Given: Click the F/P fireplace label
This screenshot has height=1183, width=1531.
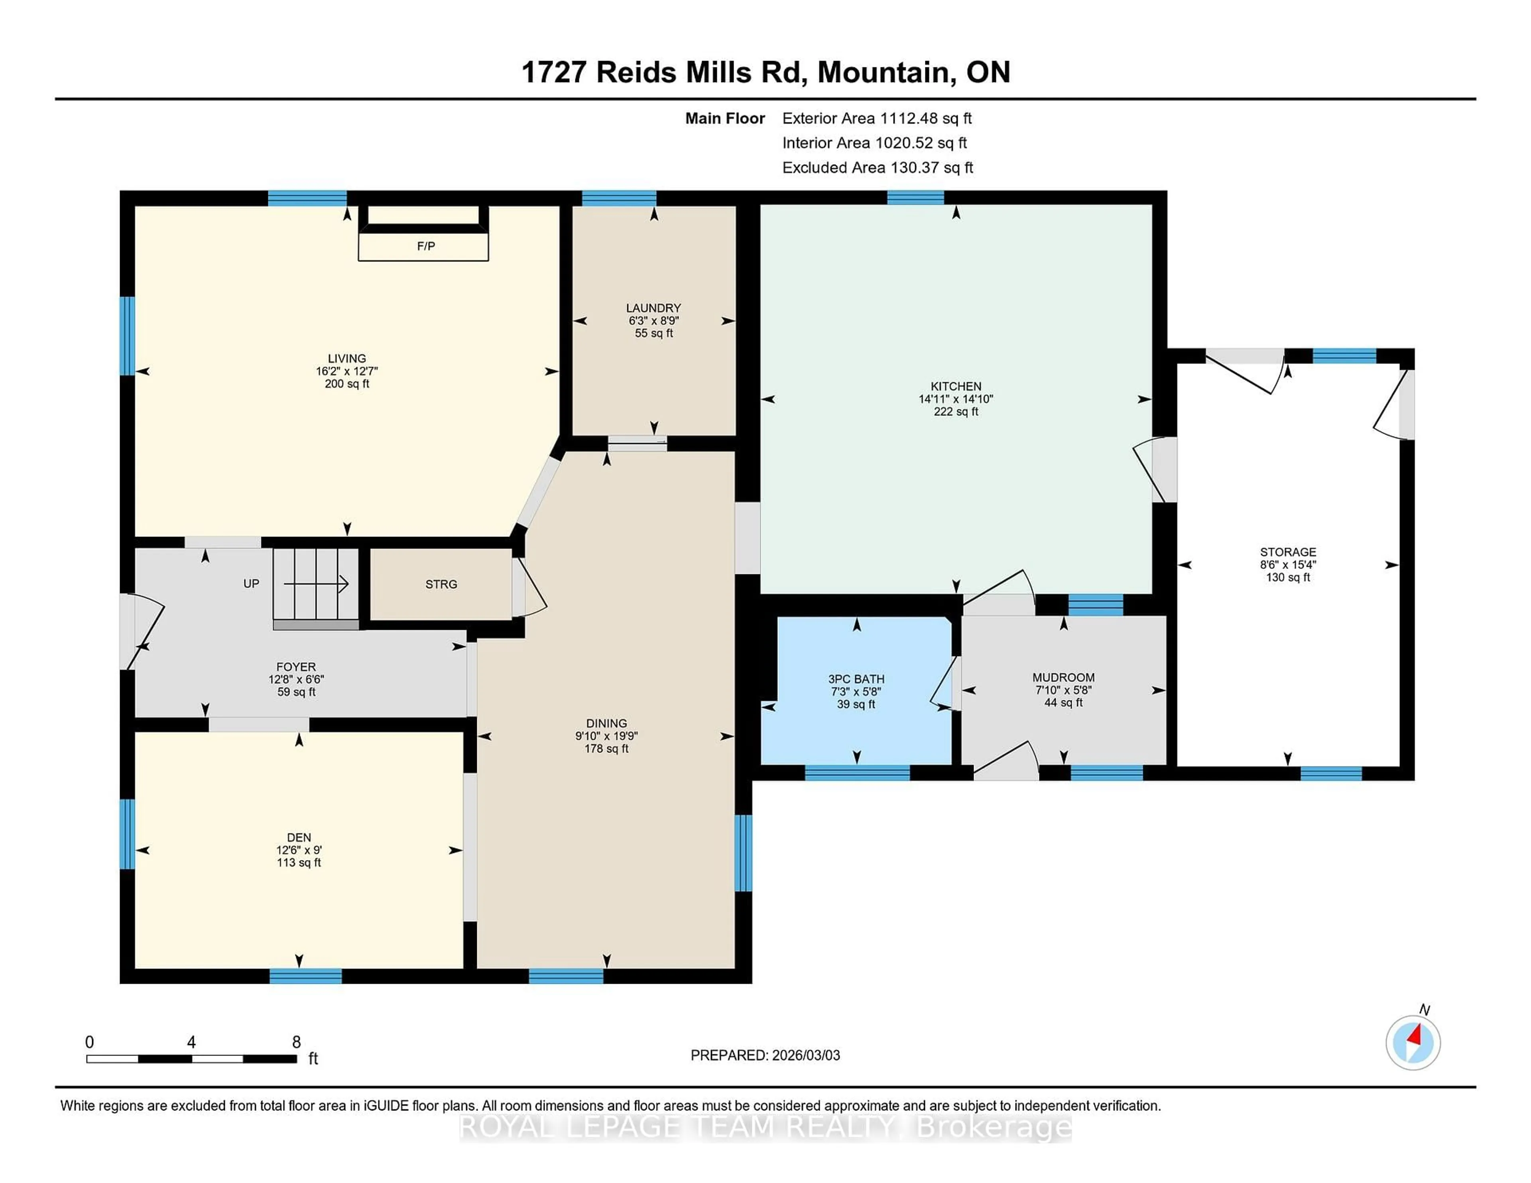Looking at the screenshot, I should pos(425,246).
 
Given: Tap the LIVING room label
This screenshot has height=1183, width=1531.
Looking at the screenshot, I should pos(346,358).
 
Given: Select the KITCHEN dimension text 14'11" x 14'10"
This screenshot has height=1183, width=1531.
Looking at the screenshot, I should pos(955,399).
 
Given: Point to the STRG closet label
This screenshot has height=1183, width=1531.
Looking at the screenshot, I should pos(441,584).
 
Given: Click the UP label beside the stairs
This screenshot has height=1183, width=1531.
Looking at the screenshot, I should pos(251,583).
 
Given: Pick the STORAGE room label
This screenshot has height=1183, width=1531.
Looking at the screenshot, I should pos(1288,552).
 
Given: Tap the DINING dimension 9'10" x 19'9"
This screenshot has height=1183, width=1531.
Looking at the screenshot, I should pos(606,736).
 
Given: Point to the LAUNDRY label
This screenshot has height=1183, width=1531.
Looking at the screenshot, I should pos(653,308).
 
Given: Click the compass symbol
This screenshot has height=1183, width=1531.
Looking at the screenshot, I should pos(1413,1043).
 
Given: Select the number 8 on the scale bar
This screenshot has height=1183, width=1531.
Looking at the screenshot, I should pos(297,1042).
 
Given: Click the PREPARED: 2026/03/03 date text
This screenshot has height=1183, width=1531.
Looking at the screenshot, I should pos(765,1055).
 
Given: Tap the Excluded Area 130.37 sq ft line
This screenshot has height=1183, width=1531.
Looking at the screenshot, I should pos(878,167).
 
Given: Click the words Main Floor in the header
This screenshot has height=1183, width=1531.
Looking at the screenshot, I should pos(725,118).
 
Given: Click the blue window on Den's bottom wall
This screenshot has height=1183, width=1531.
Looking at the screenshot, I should pos(306,976).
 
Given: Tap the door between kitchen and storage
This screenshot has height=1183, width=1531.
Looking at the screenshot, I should pos(1155,470).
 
